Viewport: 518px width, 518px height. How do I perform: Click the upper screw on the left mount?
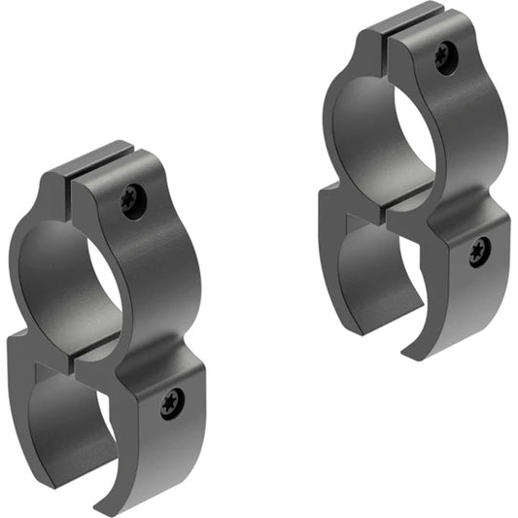[134, 201]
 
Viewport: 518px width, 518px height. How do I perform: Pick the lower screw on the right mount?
[479, 252]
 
